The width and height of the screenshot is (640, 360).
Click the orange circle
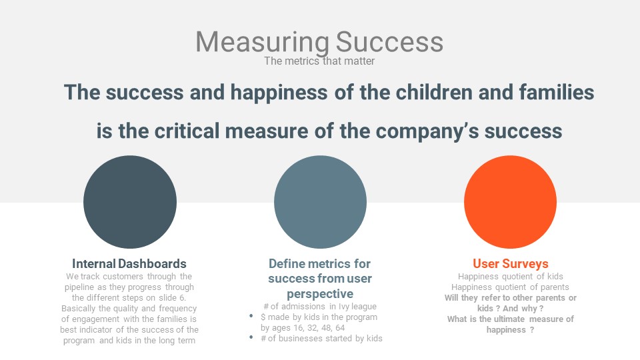pyautogui.click(x=510, y=201)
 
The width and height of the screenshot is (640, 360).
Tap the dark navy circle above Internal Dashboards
pyautogui.click(x=130, y=201)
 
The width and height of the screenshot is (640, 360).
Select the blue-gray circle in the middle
pyautogui.click(x=320, y=201)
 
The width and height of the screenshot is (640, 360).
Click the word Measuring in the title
pyautogui.click(x=262, y=42)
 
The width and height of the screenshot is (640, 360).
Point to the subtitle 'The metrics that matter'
pyautogui.click(x=319, y=61)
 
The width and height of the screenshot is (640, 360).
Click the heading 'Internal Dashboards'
pyautogui.click(x=129, y=263)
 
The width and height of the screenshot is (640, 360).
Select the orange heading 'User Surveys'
pyautogui.click(x=511, y=263)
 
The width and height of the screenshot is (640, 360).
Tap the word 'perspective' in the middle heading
pyautogui.click(x=320, y=294)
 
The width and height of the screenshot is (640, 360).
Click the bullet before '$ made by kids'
pyautogui.click(x=251, y=316)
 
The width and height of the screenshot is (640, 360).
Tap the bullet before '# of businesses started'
pyautogui.click(x=251, y=337)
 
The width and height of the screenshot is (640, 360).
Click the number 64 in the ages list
pyautogui.click(x=340, y=328)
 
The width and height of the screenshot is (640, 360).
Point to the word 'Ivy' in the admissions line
pyautogui.click(x=344, y=307)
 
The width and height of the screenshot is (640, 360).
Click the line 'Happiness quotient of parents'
pyautogui.click(x=510, y=287)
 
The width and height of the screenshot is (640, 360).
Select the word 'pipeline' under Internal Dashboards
pyautogui.click(x=79, y=287)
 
